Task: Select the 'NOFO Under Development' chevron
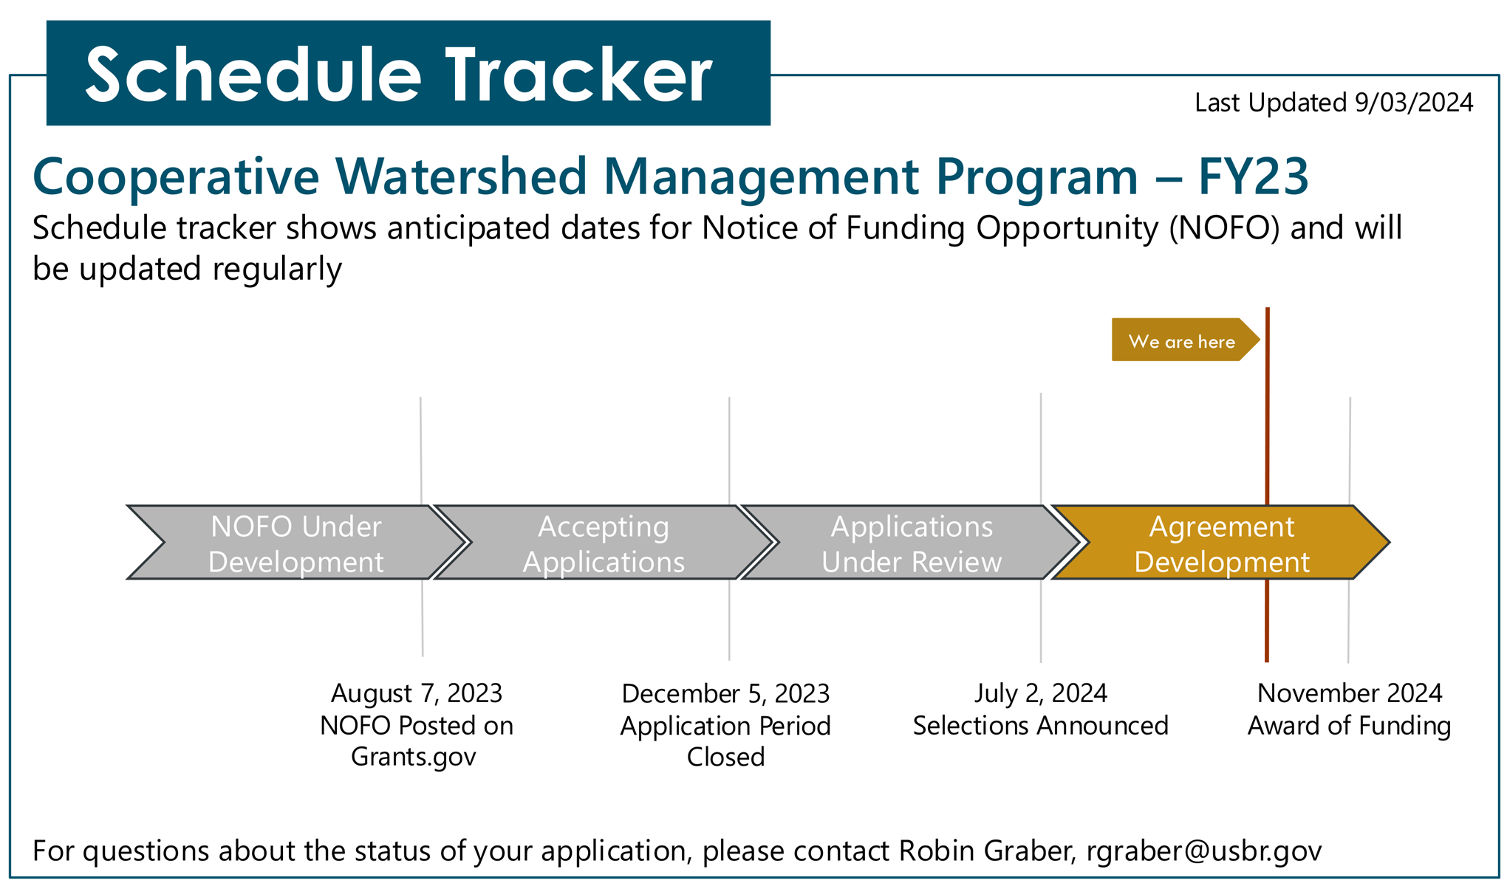295,543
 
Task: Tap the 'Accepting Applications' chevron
604,543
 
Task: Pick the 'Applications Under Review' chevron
911,543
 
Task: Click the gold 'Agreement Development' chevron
1220,543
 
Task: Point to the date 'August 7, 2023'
417,693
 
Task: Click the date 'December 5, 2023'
725,693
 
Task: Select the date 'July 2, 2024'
1040,693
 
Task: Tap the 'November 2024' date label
1349,693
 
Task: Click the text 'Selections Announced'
1040,726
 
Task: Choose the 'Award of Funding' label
1349,726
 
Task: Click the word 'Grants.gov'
413,757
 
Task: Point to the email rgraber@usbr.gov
1203,851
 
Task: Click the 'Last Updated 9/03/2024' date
1333,103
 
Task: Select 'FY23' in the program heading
1253,176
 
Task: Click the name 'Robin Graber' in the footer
985,851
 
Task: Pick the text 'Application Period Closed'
725,741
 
